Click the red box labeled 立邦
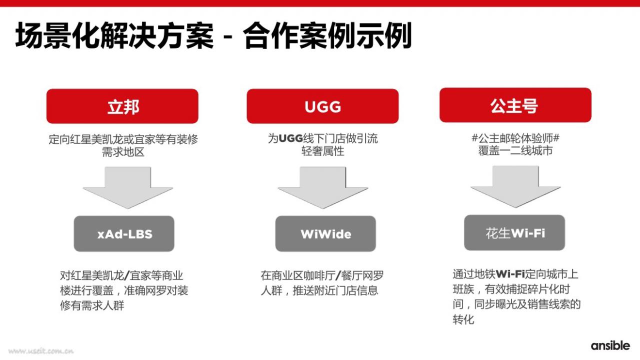click(x=122, y=106)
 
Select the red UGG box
click(x=322, y=106)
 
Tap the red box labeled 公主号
click(x=515, y=105)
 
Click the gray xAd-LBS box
click(x=124, y=233)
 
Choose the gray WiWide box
click(x=325, y=233)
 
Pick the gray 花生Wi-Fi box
click(x=514, y=232)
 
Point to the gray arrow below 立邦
click(x=127, y=187)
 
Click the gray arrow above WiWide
click(x=323, y=187)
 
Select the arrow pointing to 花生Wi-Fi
click(x=515, y=186)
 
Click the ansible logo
click(x=610, y=345)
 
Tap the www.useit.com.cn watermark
click(x=41, y=351)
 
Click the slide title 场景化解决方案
click(x=114, y=35)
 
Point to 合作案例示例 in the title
click(x=327, y=35)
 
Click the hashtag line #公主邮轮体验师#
click(x=515, y=138)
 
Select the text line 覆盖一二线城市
click(x=515, y=150)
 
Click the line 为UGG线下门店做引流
click(x=323, y=138)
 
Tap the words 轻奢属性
click(x=323, y=151)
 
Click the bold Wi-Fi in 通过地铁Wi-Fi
click(x=510, y=274)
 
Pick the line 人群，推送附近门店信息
click(x=319, y=290)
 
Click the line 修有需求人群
click(x=92, y=305)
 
